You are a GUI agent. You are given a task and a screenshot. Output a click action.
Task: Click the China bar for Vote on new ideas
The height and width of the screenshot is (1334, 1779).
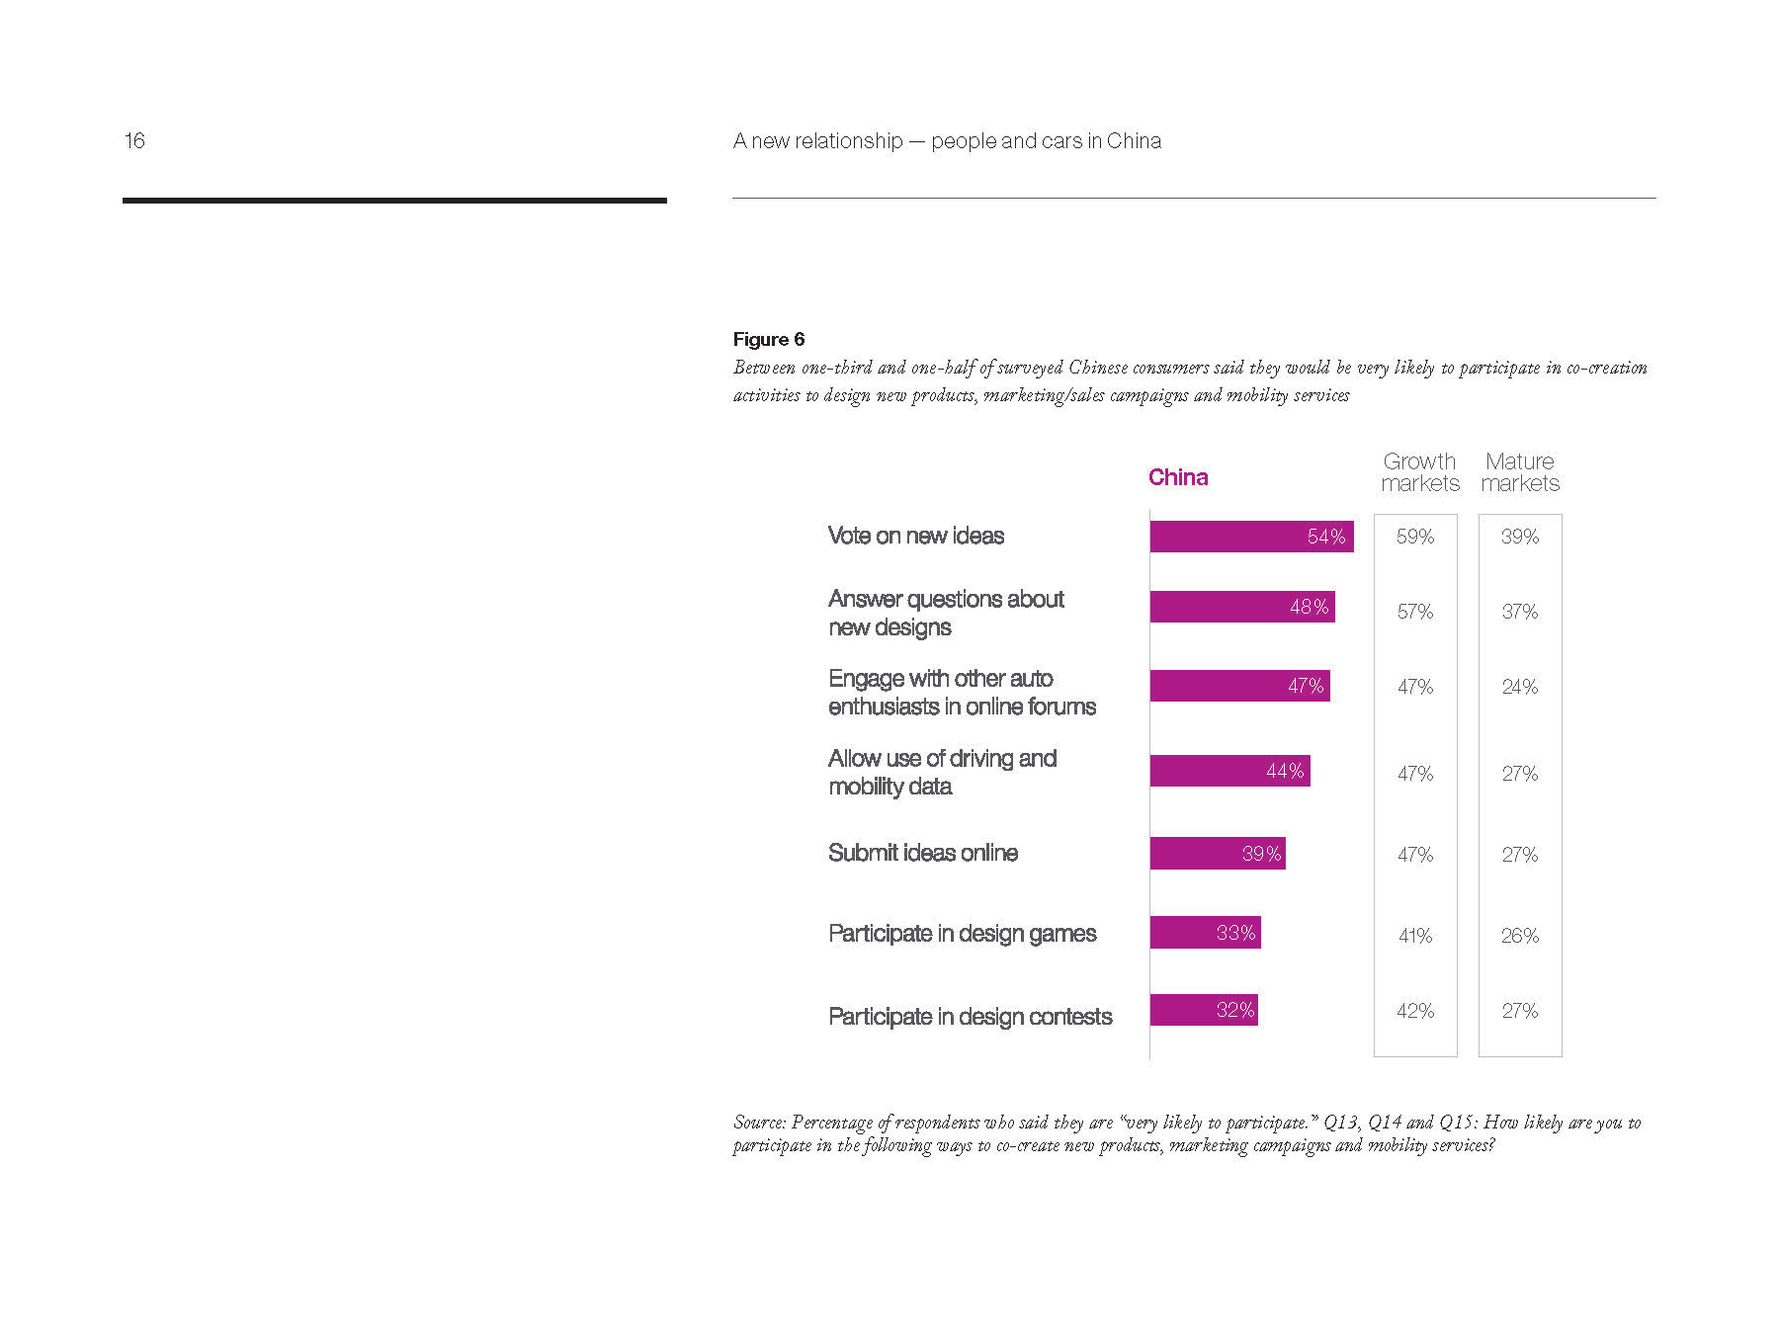(1251, 537)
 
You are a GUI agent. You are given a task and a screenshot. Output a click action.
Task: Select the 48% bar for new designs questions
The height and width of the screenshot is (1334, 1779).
(1242, 607)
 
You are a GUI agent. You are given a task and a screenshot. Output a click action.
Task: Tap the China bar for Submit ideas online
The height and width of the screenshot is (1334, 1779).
(1218, 854)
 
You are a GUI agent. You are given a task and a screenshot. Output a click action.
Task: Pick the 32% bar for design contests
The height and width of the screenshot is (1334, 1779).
(1204, 1010)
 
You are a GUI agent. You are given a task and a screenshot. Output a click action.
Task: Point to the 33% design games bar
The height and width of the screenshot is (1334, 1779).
(1205, 933)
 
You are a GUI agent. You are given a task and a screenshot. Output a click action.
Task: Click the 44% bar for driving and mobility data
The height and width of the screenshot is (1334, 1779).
(1229, 771)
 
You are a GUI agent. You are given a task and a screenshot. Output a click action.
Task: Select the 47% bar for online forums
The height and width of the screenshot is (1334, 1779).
(1239, 686)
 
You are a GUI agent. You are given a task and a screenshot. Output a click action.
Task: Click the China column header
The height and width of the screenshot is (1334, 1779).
(1178, 477)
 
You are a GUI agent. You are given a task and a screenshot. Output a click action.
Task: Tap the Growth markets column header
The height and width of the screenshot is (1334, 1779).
(1419, 472)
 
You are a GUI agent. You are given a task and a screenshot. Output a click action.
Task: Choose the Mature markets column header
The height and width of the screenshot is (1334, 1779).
(1520, 472)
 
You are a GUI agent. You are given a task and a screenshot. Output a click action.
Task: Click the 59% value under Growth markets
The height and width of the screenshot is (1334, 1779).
(1415, 537)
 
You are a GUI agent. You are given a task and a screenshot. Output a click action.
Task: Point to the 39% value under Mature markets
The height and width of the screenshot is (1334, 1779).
(1520, 537)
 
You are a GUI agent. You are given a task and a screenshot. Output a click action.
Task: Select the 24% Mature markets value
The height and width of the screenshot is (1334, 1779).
(1520, 687)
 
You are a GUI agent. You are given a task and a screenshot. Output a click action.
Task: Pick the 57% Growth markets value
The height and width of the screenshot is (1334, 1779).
(1415, 612)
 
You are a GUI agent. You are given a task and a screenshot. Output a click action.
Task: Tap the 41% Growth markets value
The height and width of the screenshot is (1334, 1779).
(1415, 936)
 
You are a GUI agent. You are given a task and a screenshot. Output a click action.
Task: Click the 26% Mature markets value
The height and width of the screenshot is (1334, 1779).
(1520, 936)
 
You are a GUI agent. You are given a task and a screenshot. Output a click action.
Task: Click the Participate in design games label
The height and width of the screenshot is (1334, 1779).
(962, 934)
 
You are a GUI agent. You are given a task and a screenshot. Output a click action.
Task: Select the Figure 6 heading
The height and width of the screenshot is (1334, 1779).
(769, 340)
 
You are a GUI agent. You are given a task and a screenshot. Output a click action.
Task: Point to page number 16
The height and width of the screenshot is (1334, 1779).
(134, 141)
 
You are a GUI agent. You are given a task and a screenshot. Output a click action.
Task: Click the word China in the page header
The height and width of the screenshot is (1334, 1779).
(1134, 141)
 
